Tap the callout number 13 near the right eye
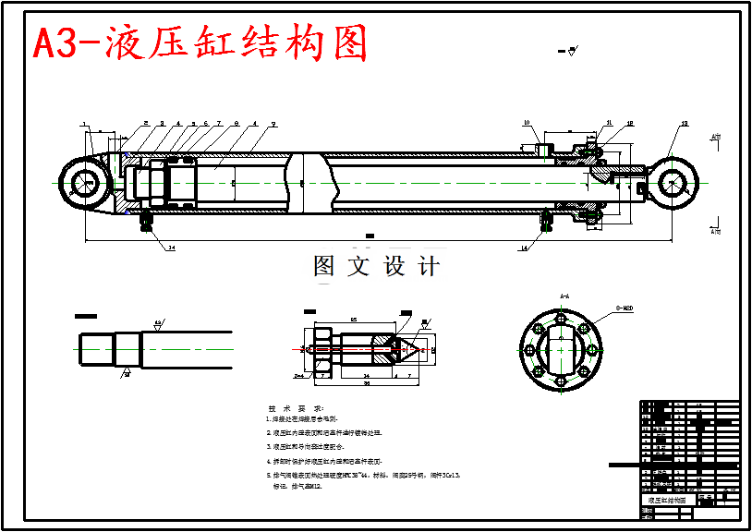[x=684, y=123]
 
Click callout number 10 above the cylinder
[x=526, y=123]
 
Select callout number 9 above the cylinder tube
[x=273, y=123]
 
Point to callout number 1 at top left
[x=83, y=123]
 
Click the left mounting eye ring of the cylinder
[x=86, y=182]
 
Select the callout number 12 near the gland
[x=630, y=123]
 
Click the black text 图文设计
[x=376, y=267]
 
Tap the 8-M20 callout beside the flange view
[x=625, y=308]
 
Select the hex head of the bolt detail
[x=321, y=349]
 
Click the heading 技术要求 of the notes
[x=296, y=407]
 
